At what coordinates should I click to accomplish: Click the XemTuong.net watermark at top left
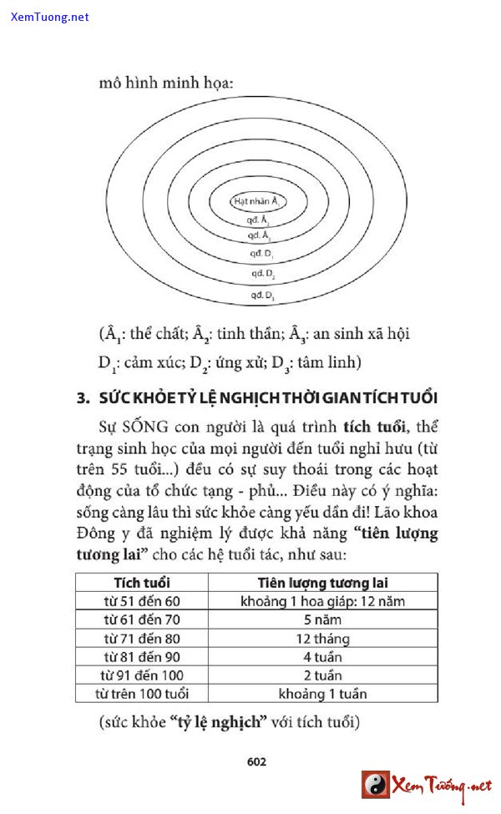pyautogui.click(x=50, y=17)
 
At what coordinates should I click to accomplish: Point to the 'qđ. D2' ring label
pyautogui.click(x=262, y=273)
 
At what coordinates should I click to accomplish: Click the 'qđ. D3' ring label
pyautogui.click(x=262, y=295)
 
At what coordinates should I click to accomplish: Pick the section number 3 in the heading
pyautogui.click(x=82, y=397)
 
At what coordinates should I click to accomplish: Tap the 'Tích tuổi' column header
pyautogui.click(x=142, y=583)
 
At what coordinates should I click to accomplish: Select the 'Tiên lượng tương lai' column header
pyautogui.click(x=322, y=583)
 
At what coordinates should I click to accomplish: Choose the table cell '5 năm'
pyautogui.click(x=322, y=619)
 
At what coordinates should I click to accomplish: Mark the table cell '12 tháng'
pyautogui.click(x=322, y=639)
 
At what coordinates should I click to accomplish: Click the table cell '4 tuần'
pyautogui.click(x=322, y=657)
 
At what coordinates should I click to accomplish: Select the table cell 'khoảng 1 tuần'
pyautogui.click(x=322, y=694)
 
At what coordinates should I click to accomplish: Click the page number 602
pyautogui.click(x=256, y=761)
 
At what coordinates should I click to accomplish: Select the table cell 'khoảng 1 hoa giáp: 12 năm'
pyautogui.click(x=322, y=601)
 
